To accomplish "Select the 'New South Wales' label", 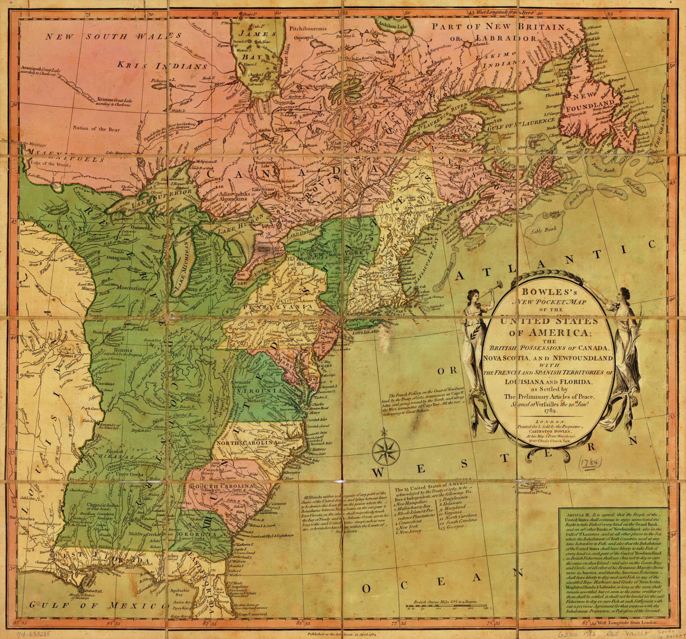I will click(114, 36).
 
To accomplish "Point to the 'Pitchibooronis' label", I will click(308, 29).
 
